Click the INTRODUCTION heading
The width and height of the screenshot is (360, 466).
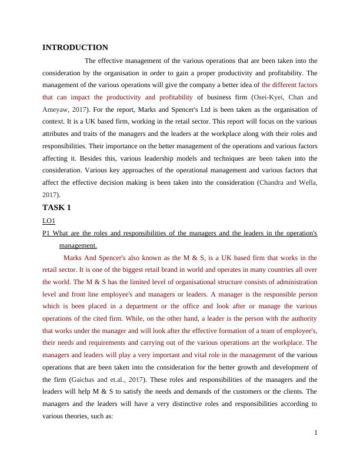(75, 48)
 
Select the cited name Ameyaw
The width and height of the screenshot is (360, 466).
(57, 109)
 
